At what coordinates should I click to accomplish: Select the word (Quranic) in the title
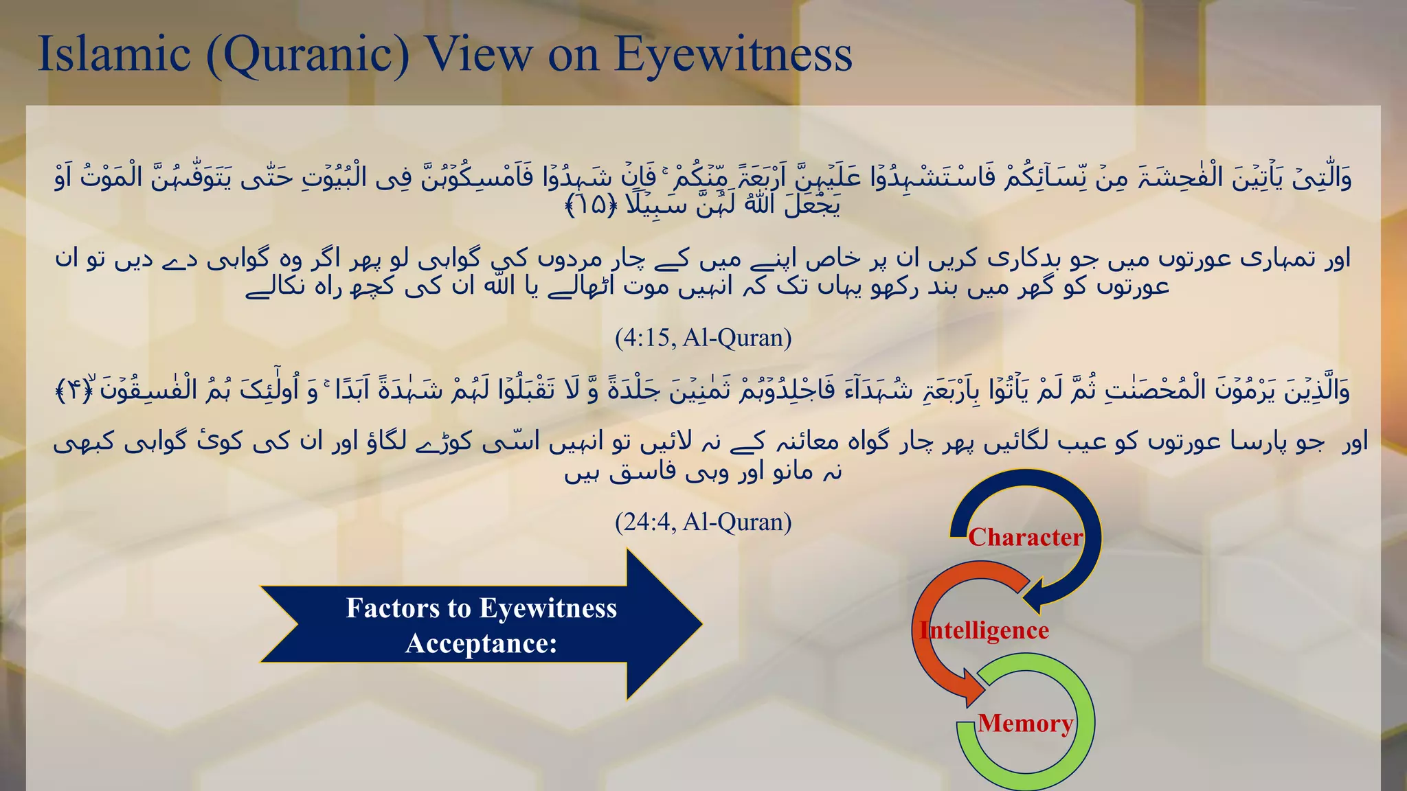click(308, 55)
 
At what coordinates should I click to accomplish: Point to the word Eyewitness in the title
click(733, 55)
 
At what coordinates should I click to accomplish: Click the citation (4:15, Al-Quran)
click(703, 338)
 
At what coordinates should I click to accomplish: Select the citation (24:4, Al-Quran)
click(703, 523)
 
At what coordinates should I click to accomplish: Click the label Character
click(1025, 537)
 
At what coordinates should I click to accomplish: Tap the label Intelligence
click(984, 630)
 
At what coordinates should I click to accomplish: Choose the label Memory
click(1025, 723)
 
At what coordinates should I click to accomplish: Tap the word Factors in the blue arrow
click(393, 608)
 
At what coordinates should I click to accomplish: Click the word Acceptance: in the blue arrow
click(481, 644)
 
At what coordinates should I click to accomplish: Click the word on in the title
click(573, 55)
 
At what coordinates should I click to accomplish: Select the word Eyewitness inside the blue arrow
click(548, 608)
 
